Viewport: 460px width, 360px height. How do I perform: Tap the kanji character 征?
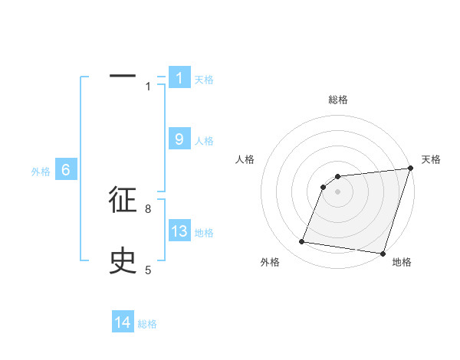[x=123, y=201]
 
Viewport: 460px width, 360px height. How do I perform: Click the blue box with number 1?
[x=179, y=77]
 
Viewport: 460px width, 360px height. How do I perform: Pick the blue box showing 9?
[x=179, y=139]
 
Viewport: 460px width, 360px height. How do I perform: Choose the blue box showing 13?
[x=179, y=231]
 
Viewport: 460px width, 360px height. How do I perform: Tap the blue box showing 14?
[x=123, y=322]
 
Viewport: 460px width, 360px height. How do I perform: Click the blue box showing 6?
[x=66, y=170]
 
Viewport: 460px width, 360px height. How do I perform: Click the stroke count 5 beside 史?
[x=148, y=270]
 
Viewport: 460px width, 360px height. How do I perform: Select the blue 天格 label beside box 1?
[x=204, y=79]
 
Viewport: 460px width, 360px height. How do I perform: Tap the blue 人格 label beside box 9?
[x=204, y=141]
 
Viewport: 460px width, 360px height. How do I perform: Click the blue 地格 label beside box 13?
[x=204, y=233]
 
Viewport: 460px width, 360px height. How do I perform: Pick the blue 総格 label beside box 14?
[x=147, y=324]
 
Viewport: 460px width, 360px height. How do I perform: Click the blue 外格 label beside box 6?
[x=41, y=172]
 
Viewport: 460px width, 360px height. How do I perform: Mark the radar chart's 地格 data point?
[x=383, y=253]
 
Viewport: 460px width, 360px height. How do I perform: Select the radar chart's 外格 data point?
[x=302, y=242]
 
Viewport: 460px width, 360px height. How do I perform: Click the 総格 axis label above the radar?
[x=338, y=100]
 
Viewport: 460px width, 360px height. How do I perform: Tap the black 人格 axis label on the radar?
[x=245, y=159]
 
